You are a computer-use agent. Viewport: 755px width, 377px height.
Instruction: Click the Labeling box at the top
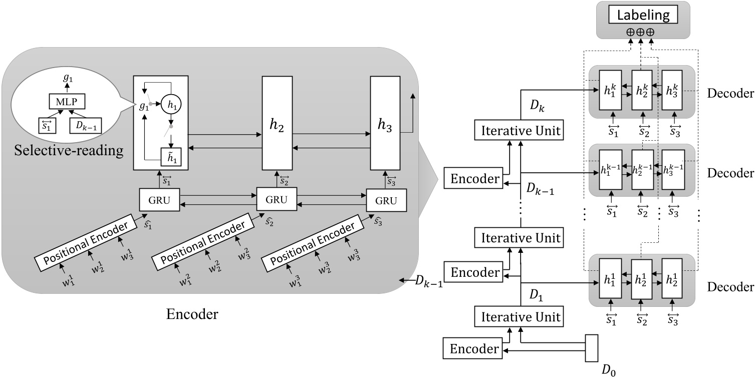click(643, 16)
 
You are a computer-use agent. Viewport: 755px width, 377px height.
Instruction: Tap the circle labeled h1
click(171, 105)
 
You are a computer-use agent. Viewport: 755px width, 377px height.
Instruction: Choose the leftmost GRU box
click(159, 200)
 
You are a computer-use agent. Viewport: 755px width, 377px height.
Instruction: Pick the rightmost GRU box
click(385, 200)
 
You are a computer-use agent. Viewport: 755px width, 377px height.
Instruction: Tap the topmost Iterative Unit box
click(520, 132)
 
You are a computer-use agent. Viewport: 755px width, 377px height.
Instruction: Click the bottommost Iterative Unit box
click(520, 317)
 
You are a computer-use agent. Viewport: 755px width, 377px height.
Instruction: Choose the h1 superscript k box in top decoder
click(610, 92)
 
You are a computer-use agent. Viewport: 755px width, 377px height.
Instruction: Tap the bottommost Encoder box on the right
click(472, 348)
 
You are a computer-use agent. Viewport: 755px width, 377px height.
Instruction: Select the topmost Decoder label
click(730, 93)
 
